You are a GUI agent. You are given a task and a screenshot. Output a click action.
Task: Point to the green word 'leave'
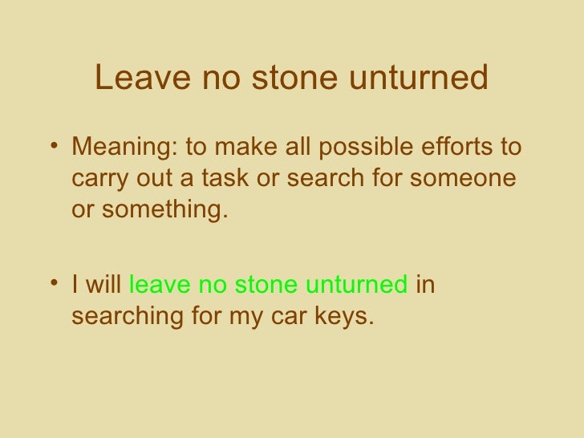(x=156, y=286)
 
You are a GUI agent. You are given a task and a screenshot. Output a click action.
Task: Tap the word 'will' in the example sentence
(x=102, y=286)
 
